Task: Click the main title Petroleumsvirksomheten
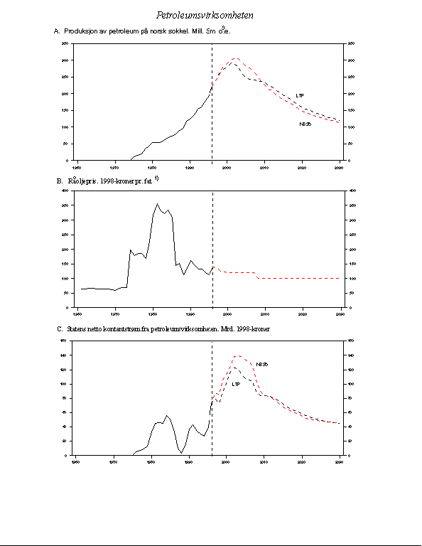point(205,15)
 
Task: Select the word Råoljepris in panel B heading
point(82,181)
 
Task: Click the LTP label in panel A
point(301,95)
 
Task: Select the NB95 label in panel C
point(262,364)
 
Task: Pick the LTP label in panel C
point(237,383)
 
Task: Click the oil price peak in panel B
point(157,204)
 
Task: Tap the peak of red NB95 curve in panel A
point(236,58)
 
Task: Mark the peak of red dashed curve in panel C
point(237,355)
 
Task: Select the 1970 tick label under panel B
point(114,313)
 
